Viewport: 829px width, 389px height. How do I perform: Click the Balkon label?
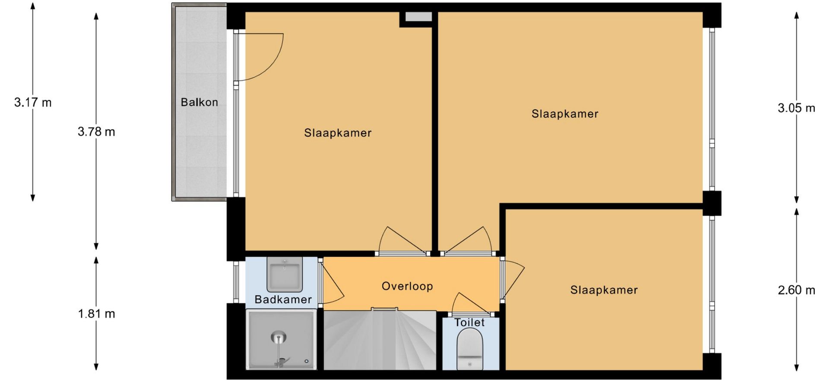tap(199, 102)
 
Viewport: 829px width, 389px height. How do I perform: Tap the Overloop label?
tap(407, 286)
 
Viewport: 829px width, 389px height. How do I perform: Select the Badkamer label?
tap(283, 300)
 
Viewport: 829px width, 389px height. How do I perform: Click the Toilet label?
tap(469, 322)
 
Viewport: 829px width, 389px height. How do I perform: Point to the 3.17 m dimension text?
tap(33, 102)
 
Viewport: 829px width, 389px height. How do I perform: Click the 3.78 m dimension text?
tap(96, 132)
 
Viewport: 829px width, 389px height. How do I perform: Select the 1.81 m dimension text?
tap(96, 314)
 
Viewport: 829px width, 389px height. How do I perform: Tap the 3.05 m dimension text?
tap(797, 108)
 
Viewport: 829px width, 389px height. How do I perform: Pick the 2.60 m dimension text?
tap(797, 290)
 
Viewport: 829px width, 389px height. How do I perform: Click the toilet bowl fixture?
tap(470, 349)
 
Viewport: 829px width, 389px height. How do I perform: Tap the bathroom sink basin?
tap(285, 274)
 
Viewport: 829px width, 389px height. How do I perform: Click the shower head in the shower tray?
tap(279, 337)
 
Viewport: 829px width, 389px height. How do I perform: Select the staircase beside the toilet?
tap(380, 340)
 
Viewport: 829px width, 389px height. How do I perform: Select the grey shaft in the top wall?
tap(418, 16)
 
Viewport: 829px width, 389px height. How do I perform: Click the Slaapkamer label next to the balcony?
tap(338, 133)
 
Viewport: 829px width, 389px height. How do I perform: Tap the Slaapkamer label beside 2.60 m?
tap(604, 290)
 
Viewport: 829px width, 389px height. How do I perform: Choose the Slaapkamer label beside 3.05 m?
tap(565, 114)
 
